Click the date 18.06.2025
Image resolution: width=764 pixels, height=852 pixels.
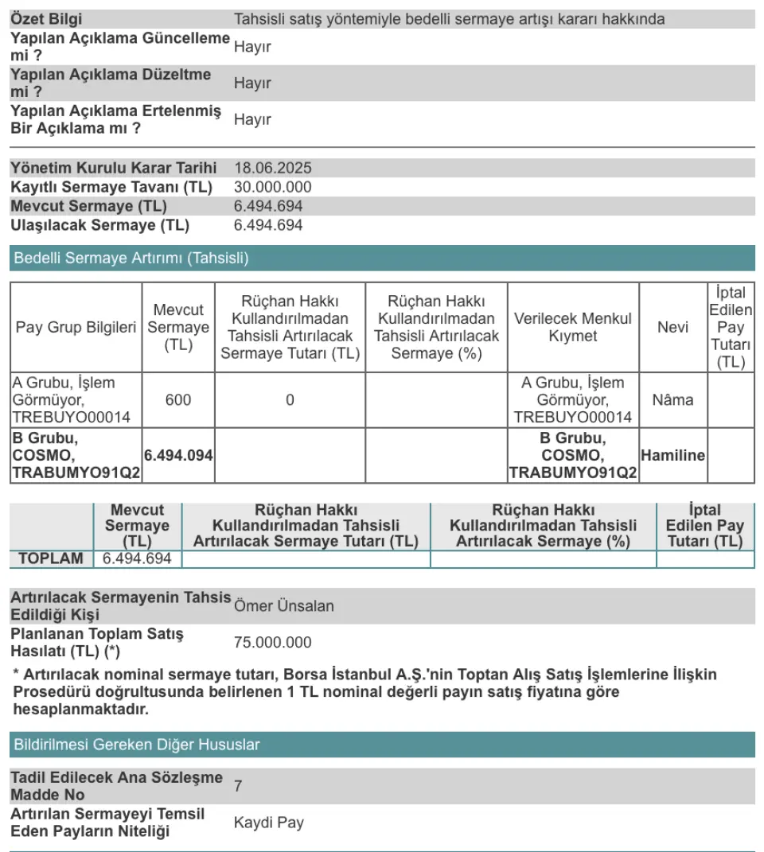(x=272, y=168)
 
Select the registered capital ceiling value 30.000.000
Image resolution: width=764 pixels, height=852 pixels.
(x=272, y=187)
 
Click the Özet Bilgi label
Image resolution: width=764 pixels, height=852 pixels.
(x=46, y=19)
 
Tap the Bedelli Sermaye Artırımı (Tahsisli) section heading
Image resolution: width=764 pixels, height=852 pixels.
(x=131, y=258)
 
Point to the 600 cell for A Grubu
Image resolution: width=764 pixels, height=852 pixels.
(x=178, y=399)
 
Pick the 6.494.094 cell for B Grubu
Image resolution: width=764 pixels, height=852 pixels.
(x=178, y=455)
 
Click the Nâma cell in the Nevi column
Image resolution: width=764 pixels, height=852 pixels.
(x=672, y=399)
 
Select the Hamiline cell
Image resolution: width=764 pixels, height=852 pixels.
(x=672, y=455)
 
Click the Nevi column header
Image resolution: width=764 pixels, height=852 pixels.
(x=672, y=327)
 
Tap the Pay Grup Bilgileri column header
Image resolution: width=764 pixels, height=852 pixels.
(x=76, y=327)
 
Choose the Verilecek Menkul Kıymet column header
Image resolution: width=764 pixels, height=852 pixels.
(x=572, y=327)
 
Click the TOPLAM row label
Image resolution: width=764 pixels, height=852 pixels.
(x=51, y=558)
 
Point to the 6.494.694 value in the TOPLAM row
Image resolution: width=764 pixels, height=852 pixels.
(x=138, y=558)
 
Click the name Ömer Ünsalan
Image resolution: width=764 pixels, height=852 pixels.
(x=283, y=605)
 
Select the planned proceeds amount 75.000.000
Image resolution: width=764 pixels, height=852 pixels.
(x=272, y=642)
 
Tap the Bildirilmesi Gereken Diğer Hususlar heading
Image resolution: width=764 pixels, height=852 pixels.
(x=137, y=745)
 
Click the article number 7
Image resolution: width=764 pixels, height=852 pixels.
(x=238, y=786)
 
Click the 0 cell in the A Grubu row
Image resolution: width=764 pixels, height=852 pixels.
(x=290, y=399)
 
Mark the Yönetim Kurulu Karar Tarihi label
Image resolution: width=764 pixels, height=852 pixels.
(x=113, y=168)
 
